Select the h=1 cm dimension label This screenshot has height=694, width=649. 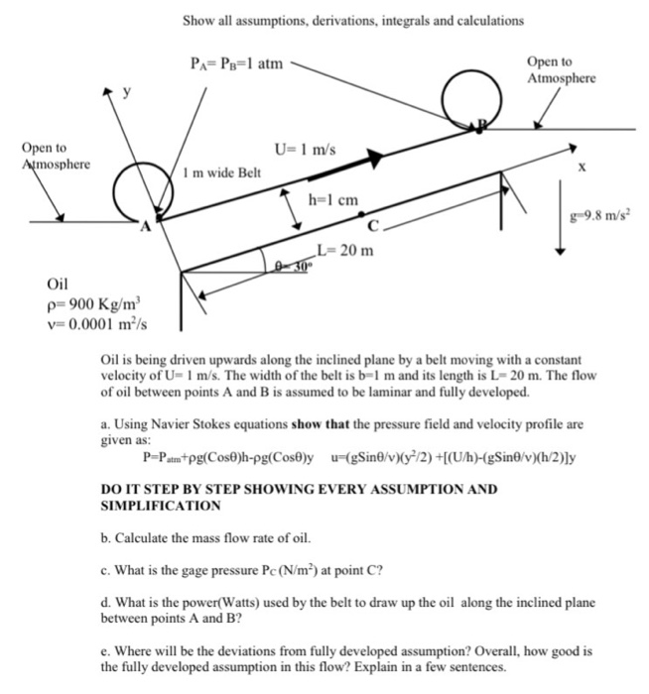tap(332, 199)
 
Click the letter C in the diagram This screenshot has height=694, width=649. tap(371, 225)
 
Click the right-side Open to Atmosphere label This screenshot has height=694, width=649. tap(562, 69)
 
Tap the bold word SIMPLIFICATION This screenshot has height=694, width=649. tap(157, 506)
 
